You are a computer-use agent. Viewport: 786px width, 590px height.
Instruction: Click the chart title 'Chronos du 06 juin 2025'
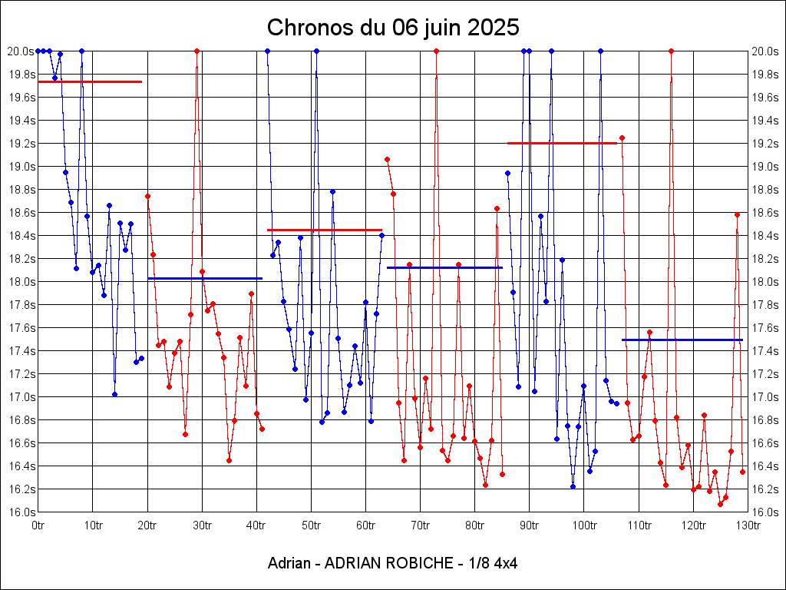point(393,28)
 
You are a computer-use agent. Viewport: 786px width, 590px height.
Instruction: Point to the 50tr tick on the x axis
point(311,525)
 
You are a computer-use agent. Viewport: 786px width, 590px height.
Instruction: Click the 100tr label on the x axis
point(584,525)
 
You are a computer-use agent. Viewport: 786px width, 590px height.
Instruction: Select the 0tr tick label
point(38,525)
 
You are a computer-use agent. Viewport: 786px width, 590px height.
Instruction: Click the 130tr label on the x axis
point(748,525)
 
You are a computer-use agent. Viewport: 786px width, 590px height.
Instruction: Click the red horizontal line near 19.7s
point(90,81)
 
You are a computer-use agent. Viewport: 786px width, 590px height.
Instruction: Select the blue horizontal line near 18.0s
point(205,278)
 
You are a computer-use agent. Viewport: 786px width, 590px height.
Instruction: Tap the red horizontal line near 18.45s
point(325,230)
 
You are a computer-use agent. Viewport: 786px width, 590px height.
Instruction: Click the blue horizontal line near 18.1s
point(444,267)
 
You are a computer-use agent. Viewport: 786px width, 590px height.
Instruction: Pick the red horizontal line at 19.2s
point(563,143)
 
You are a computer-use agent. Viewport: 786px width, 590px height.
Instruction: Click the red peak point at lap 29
point(197,51)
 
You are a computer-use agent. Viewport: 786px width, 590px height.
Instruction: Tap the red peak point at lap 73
point(436,51)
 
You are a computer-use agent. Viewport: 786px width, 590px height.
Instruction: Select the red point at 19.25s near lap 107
point(622,138)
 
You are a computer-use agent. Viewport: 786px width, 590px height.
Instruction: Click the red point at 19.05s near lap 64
point(387,159)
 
